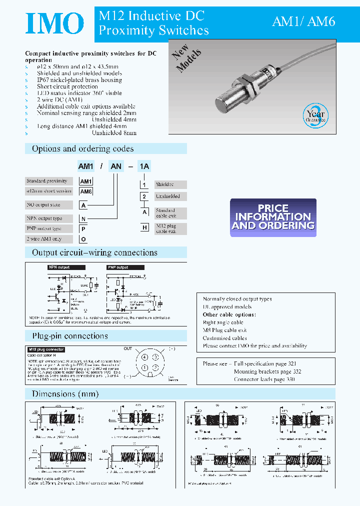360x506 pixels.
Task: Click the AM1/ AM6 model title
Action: click(303, 21)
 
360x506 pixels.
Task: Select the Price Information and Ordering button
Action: click(273, 217)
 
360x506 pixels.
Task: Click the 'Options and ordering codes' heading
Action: click(82, 148)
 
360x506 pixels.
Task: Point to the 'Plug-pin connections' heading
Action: click(70, 335)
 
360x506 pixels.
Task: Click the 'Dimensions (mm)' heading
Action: click(65, 393)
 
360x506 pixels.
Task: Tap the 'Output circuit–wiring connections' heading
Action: click(94, 252)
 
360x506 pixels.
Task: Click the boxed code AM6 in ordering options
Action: click(86, 191)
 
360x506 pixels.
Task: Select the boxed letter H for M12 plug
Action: click(144, 227)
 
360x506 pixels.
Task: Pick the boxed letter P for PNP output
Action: click(82, 228)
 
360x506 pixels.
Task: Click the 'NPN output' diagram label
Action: click(59, 267)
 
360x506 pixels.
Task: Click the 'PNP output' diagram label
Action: click(117, 267)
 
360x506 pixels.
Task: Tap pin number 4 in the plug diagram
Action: click(144, 357)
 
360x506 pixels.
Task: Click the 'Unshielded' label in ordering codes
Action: click(167, 196)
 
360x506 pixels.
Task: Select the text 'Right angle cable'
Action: click(223, 322)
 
